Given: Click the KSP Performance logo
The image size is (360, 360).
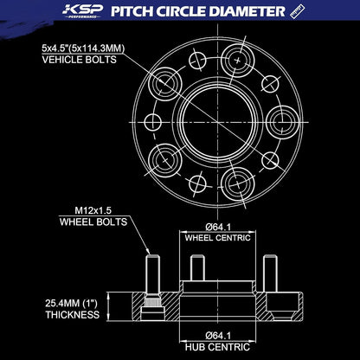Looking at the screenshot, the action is [82, 11].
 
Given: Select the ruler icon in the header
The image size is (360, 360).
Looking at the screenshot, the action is [298, 11].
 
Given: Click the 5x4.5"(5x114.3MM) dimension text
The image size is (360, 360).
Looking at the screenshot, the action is [83, 48].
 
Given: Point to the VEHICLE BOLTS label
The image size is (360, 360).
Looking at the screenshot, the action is [80, 60].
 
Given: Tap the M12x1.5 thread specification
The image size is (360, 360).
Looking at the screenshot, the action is [93, 210].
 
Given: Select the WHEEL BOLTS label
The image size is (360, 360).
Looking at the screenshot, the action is [93, 222].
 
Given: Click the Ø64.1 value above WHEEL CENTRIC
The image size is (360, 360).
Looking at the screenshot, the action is [218, 227].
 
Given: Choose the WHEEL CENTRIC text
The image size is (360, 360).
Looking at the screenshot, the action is [217, 238].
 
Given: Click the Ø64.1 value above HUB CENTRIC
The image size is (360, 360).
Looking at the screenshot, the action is [218, 336].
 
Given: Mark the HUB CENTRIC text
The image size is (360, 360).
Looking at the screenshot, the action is [217, 347].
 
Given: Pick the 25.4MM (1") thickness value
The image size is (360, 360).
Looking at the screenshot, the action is [71, 304].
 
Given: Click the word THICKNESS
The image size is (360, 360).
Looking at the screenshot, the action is [73, 315].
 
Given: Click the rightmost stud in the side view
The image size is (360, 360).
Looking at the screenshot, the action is [270, 273].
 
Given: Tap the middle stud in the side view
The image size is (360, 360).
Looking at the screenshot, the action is [197, 268].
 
